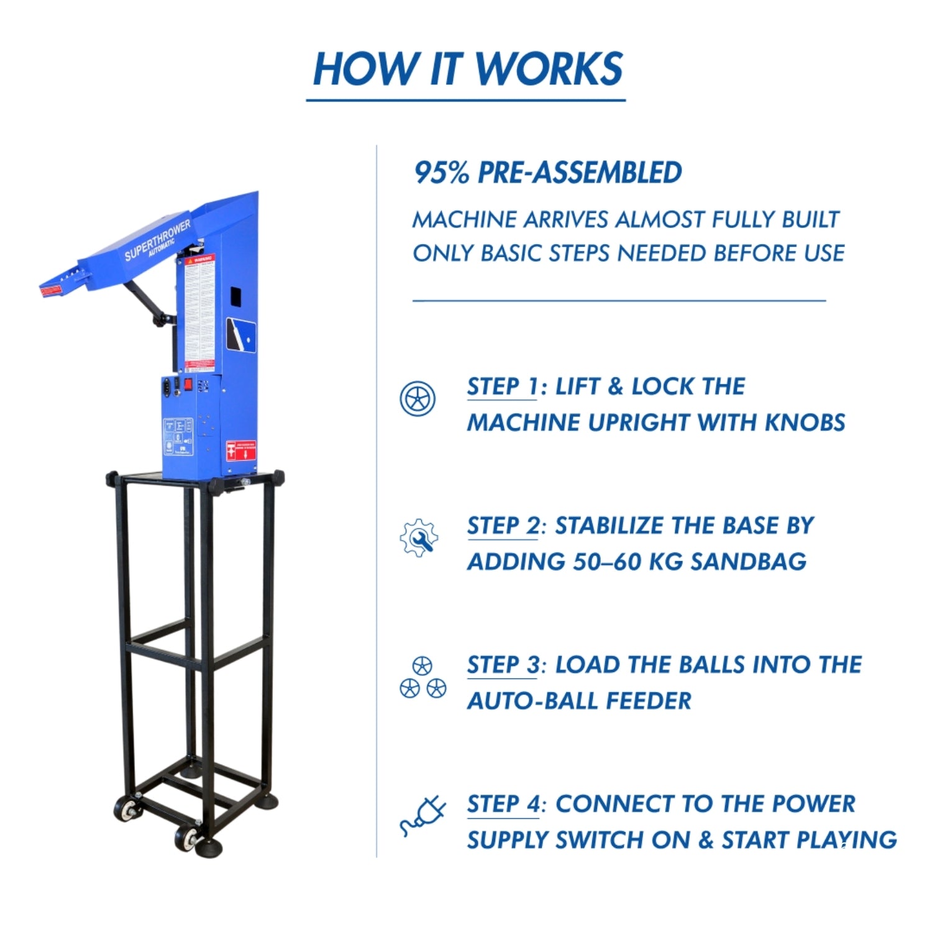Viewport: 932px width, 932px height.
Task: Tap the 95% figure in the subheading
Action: click(x=442, y=173)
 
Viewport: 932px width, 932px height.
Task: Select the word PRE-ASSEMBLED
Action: click(x=579, y=173)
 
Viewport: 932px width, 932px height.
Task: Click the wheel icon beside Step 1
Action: click(x=418, y=398)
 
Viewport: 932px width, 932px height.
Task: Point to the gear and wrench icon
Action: click(x=419, y=537)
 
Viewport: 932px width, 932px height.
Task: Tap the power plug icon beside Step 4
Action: click(x=423, y=815)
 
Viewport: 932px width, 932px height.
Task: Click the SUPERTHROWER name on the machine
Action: click(x=157, y=240)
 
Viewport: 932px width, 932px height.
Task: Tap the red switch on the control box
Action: click(x=188, y=384)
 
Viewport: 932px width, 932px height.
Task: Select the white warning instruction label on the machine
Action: click(x=199, y=314)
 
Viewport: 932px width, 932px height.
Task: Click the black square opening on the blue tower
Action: click(x=235, y=296)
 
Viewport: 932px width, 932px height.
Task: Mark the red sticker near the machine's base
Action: click(x=240, y=450)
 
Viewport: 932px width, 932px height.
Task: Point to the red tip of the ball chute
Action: click(x=51, y=290)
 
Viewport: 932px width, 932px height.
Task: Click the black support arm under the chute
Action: click(x=148, y=303)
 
